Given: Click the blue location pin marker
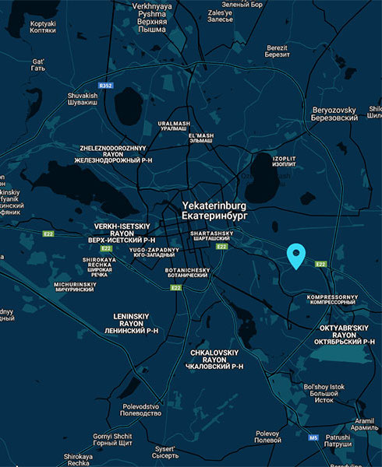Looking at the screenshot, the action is pyautogui.click(x=296, y=255).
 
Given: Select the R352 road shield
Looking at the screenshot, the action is pyautogui.click(x=106, y=86).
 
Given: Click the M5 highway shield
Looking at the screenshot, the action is pyautogui.click(x=313, y=437).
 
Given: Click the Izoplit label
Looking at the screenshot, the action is pyautogui.click(x=285, y=160).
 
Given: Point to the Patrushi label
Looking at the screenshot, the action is pyautogui.click(x=338, y=441).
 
